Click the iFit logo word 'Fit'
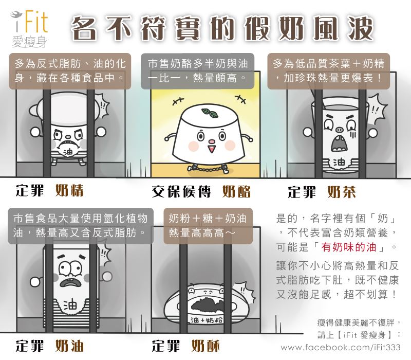(x=36, y=21)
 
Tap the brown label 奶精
(x=69, y=190)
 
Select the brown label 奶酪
(x=236, y=191)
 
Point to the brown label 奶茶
(x=342, y=192)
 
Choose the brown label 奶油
(x=69, y=346)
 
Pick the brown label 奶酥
(x=205, y=346)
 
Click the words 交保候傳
(x=181, y=191)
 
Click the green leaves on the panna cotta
(x=210, y=113)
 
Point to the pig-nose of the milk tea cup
(x=339, y=130)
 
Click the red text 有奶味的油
(x=349, y=247)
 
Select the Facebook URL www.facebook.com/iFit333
(x=341, y=348)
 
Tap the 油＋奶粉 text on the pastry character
(x=207, y=320)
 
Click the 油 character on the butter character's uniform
(x=70, y=305)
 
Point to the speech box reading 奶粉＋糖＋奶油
(x=208, y=226)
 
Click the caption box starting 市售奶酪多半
(x=197, y=71)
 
